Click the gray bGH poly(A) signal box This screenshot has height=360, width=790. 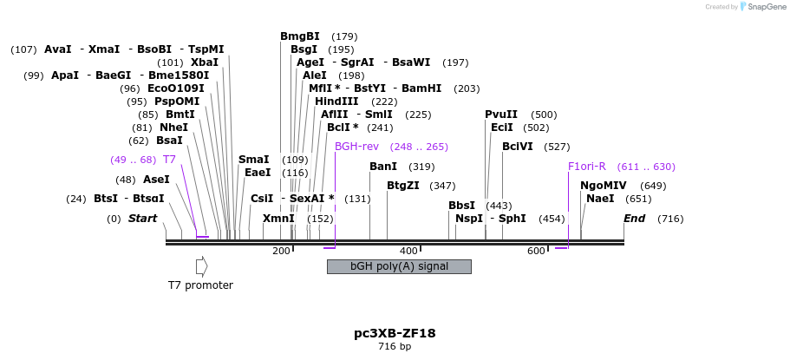pos(399,266)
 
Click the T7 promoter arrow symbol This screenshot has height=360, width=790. pos(201,266)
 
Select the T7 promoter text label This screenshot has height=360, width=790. pos(200,285)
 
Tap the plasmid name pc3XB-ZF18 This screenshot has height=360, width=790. pos(395,332)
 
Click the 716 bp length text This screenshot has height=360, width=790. pos(395,347)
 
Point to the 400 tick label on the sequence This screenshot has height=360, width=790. pos(408,252)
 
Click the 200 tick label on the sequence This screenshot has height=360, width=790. pos(281,252)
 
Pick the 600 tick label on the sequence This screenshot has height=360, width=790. pos(536,252)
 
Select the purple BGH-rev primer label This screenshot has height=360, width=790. pos(357,147)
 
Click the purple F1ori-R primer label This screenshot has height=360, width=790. pos(587,167)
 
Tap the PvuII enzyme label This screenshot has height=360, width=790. pos(501,115)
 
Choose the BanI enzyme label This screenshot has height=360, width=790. pos(383,167)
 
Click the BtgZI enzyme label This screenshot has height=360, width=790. pos(403,185)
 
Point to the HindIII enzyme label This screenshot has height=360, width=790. pos(336,101)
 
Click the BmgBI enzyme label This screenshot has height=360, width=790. pos(300,36)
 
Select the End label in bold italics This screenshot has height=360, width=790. pos(635,219)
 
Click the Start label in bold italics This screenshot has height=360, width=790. pos(142,219)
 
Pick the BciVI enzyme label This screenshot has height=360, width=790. pos(518,147)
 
